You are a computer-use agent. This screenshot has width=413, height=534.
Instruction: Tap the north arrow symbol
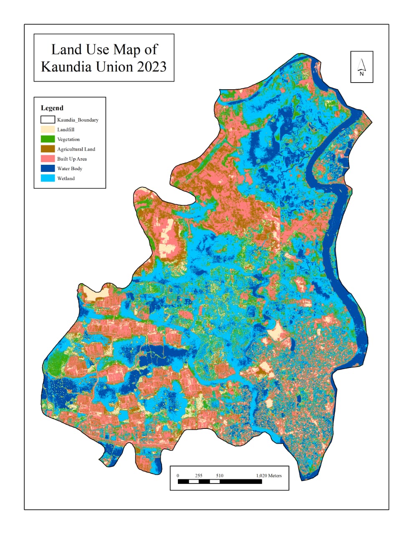tap(362, 64)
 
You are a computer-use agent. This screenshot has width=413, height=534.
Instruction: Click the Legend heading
tap(52, 108)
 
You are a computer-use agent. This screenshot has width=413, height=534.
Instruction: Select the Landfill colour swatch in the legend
tap(48, 130)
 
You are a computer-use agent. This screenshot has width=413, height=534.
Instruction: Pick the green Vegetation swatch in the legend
tap(48, 139)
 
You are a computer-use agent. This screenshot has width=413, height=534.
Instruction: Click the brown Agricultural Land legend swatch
tap(48, 149)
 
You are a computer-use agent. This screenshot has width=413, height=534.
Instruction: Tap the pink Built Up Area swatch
tap(48, 159)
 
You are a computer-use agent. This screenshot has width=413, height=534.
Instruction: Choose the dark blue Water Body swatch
tap(48, 169)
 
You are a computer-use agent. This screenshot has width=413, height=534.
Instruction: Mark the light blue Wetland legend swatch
tap(48, 178)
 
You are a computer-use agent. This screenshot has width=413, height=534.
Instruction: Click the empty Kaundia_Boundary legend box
tap(48, 120)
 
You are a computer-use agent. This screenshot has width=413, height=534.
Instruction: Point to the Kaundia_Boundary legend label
tap(78, 120)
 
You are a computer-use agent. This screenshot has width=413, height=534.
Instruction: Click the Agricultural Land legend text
tap(76, 149)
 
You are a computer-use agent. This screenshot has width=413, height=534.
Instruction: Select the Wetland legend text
tap(66, 179)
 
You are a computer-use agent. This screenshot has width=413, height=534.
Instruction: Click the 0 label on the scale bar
tap(178, 476)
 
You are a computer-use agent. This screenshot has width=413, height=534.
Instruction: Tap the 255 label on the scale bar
tap(198, 476)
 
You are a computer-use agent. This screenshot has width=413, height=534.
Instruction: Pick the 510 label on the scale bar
tap(220, 476)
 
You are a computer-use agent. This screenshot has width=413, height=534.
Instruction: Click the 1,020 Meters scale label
tap(269, 476)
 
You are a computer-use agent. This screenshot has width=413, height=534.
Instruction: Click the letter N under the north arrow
tap(362, 74)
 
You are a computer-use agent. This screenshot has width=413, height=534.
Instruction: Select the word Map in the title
tap(127, 50)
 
